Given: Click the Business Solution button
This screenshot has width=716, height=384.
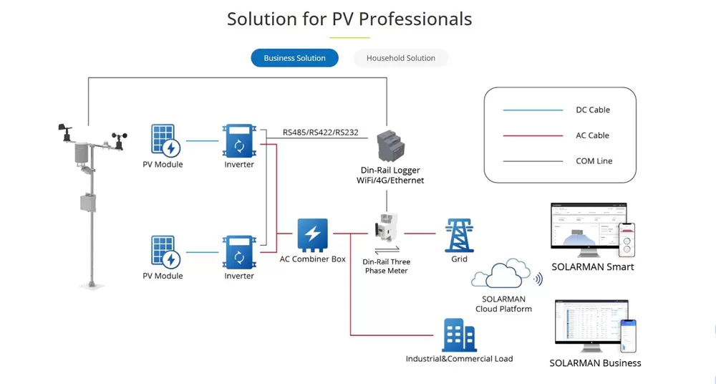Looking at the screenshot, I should (294, 58).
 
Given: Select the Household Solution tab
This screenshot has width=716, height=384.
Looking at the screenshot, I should (400, 58).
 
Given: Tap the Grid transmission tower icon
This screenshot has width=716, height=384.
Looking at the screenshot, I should (459, 235).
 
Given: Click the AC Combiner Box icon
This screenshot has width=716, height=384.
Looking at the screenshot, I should (312, 234).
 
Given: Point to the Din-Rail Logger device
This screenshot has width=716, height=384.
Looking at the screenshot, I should (390, 146).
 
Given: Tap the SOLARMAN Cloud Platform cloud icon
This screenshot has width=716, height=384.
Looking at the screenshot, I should (503, 274).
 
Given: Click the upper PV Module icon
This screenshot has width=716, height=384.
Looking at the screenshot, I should (164, 140).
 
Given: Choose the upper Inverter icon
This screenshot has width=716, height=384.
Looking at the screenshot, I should (239, 140).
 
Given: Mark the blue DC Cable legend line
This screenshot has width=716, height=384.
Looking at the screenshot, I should (533, 110).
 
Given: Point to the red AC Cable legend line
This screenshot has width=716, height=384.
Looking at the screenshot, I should (533, 135).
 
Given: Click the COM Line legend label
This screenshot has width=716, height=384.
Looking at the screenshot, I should (594, 161).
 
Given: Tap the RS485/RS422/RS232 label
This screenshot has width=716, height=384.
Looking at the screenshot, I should (320, 133).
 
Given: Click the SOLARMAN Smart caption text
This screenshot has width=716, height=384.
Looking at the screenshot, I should (592, 267).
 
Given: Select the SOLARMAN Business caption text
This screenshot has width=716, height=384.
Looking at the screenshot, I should (595, 363).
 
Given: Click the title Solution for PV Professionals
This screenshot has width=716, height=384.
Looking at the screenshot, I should (349, 19).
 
